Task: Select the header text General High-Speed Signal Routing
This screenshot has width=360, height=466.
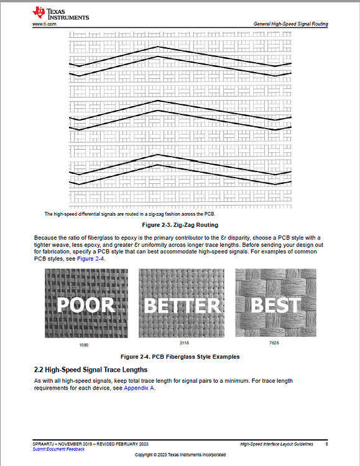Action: [290, 24]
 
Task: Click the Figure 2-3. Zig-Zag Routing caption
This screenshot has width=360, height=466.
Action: [180, 224]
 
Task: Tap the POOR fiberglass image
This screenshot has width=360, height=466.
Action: [86, 303]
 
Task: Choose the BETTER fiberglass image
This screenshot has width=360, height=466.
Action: [182, 303]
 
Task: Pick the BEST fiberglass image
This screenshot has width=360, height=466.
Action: [275, 303]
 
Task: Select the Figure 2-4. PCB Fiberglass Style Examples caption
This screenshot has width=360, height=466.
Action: [180, 357]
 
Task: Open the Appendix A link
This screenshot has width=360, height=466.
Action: [139, 388]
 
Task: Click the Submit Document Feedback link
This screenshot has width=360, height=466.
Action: [59, 449]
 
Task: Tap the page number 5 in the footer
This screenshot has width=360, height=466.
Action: [326, 444]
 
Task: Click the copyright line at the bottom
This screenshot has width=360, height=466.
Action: [180, 455]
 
